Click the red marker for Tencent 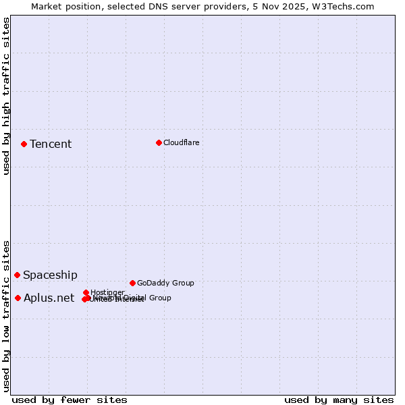click(x=24, y=144)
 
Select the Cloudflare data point click(x=159, y=142)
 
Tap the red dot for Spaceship click(x=17, y=275)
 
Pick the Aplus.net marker click(x=18, y=298)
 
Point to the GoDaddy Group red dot click(x=132, y=283)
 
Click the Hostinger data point click(x=86, y=292)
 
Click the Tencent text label click(x=51, y=144)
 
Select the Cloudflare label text click(x=181, y=142)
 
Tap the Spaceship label click(x=50, y=275)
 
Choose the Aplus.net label click(x=49, y=298)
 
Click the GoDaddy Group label click(x=165, y=283)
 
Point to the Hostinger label click(x=107, y=292)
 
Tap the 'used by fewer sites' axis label click(x=70, y=400)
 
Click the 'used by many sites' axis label click(x=339, y=400)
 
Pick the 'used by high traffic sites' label click(x=6, y=96)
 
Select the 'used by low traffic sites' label click(x=6, y=315)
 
